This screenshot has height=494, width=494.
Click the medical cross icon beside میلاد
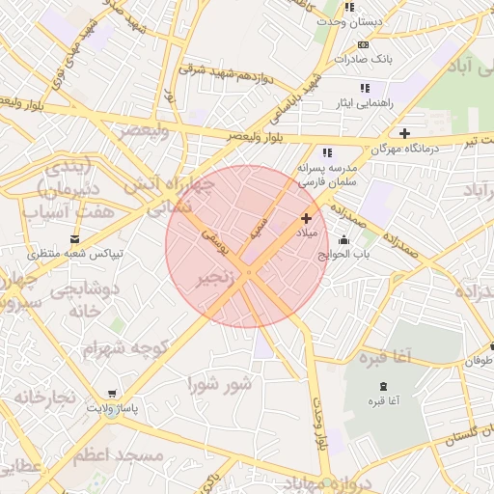307,219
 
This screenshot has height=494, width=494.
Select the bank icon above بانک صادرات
363,44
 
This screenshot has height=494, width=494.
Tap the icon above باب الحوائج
344,239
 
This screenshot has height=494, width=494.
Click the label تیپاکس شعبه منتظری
74,254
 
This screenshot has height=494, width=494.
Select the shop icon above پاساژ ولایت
113,394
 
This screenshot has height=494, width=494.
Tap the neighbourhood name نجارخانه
43,397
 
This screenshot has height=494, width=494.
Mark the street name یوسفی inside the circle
216,241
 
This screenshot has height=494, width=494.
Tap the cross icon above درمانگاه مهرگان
404,133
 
